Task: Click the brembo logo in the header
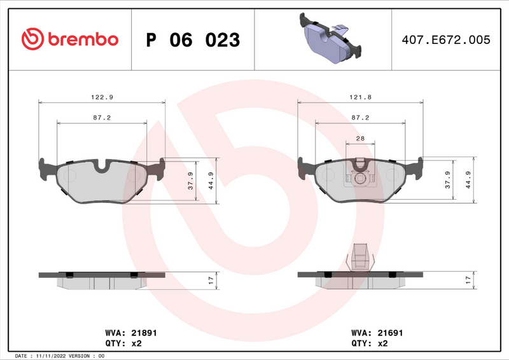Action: [70, 39]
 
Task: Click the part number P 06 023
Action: [193, 40]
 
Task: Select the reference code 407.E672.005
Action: [445, 39]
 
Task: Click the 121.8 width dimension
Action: [361, 97]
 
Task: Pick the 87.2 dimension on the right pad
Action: [361, 118]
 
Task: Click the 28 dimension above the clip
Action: [360, 139]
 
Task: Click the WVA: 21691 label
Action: [377, 333]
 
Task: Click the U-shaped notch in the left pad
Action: [102, 167]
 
